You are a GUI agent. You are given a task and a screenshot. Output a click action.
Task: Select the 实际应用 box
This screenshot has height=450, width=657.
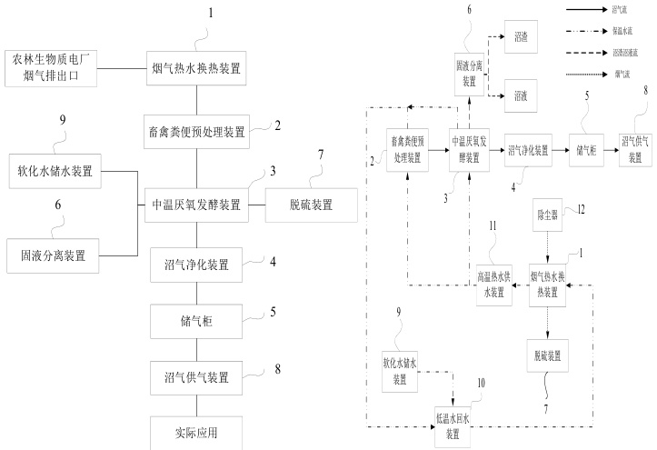coord(197,432)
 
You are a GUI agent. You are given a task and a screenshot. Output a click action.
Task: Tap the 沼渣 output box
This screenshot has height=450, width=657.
coord(522,37)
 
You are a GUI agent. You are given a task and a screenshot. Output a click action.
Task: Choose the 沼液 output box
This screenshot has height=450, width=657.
coord(522,94)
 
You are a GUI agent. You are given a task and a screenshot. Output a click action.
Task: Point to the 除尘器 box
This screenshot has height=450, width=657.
coord(548,215)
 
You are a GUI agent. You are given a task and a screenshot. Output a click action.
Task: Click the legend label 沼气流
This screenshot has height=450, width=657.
coord(622,9)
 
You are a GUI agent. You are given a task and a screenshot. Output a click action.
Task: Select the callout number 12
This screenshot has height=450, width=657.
coord(582,211)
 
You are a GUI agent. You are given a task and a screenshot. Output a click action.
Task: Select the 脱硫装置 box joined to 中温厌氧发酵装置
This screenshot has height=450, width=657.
coord(312,205)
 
